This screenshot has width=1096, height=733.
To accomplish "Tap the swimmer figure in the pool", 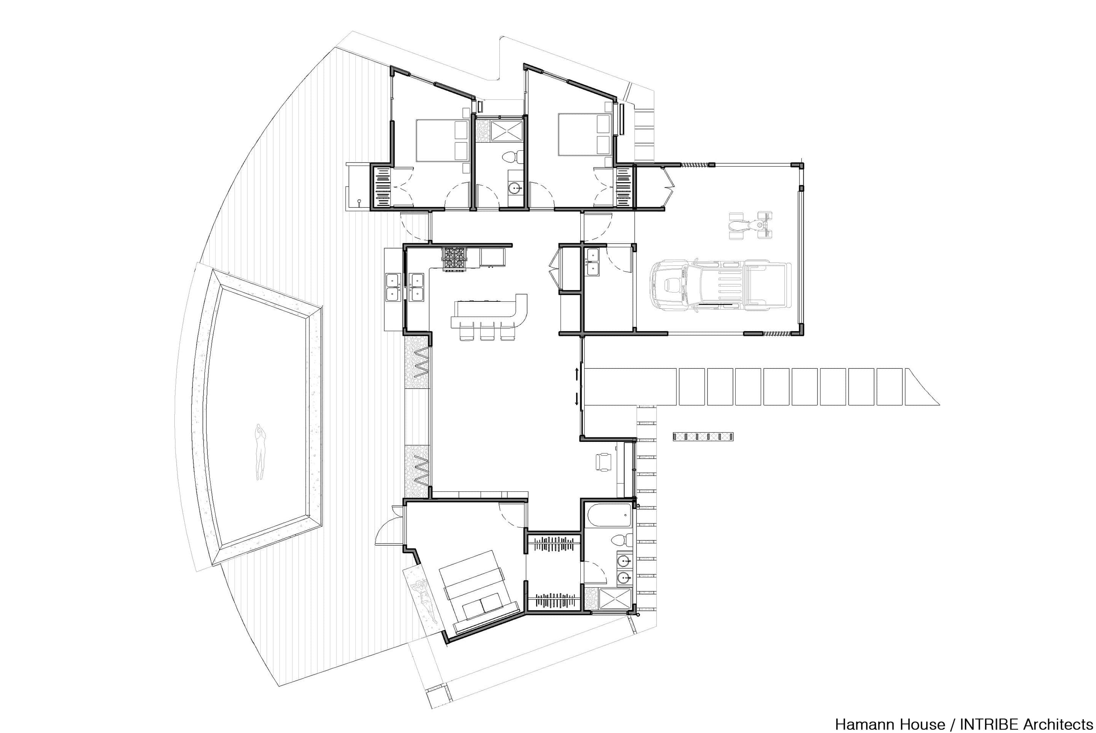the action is coord(260,452).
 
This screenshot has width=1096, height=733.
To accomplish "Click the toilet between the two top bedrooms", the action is coord(512,157).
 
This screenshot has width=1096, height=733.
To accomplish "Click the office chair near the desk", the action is coord(602,462).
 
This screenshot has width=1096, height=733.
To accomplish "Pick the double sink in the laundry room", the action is coord(593,262).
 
